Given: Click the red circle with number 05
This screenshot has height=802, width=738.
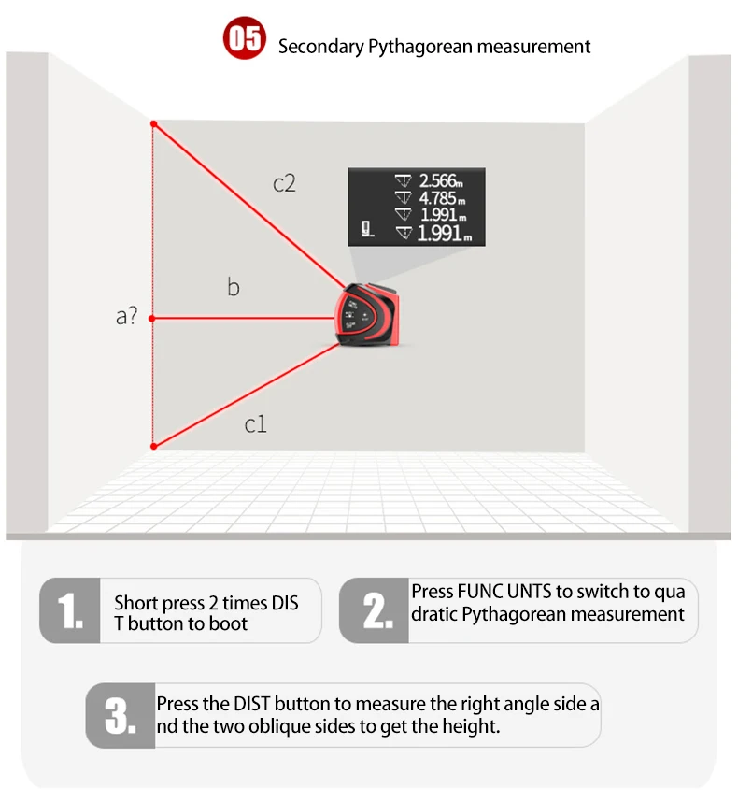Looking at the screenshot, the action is pyautogui.click(x=245, y=41).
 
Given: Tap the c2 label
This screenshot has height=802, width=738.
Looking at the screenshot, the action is pyautogui.click(x=284, y=183).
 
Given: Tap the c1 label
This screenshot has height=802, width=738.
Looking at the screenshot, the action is pyautogui.click(x=256, y=424).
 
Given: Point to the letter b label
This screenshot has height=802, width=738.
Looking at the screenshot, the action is pyautogui.click(x=234, y=287).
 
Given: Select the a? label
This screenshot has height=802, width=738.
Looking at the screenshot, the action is pyautogui.click(x=127, y=316).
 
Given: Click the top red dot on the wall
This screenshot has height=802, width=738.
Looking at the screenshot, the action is pyautogui.click(x=154, y=123).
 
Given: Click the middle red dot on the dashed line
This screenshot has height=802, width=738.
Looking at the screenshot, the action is pyautogui.click(x=154, y=319).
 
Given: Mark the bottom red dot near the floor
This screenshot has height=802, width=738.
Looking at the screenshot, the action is pyautogui.click(x=154, y=446).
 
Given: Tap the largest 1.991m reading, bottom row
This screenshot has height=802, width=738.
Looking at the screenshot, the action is pyautogui.click(x=443, y=234).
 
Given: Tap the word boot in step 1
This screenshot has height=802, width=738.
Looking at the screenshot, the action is pyautogui.click(x=230, y=623).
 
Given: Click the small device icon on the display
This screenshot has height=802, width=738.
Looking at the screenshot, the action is pyautogui.click(x=367, y=228).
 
